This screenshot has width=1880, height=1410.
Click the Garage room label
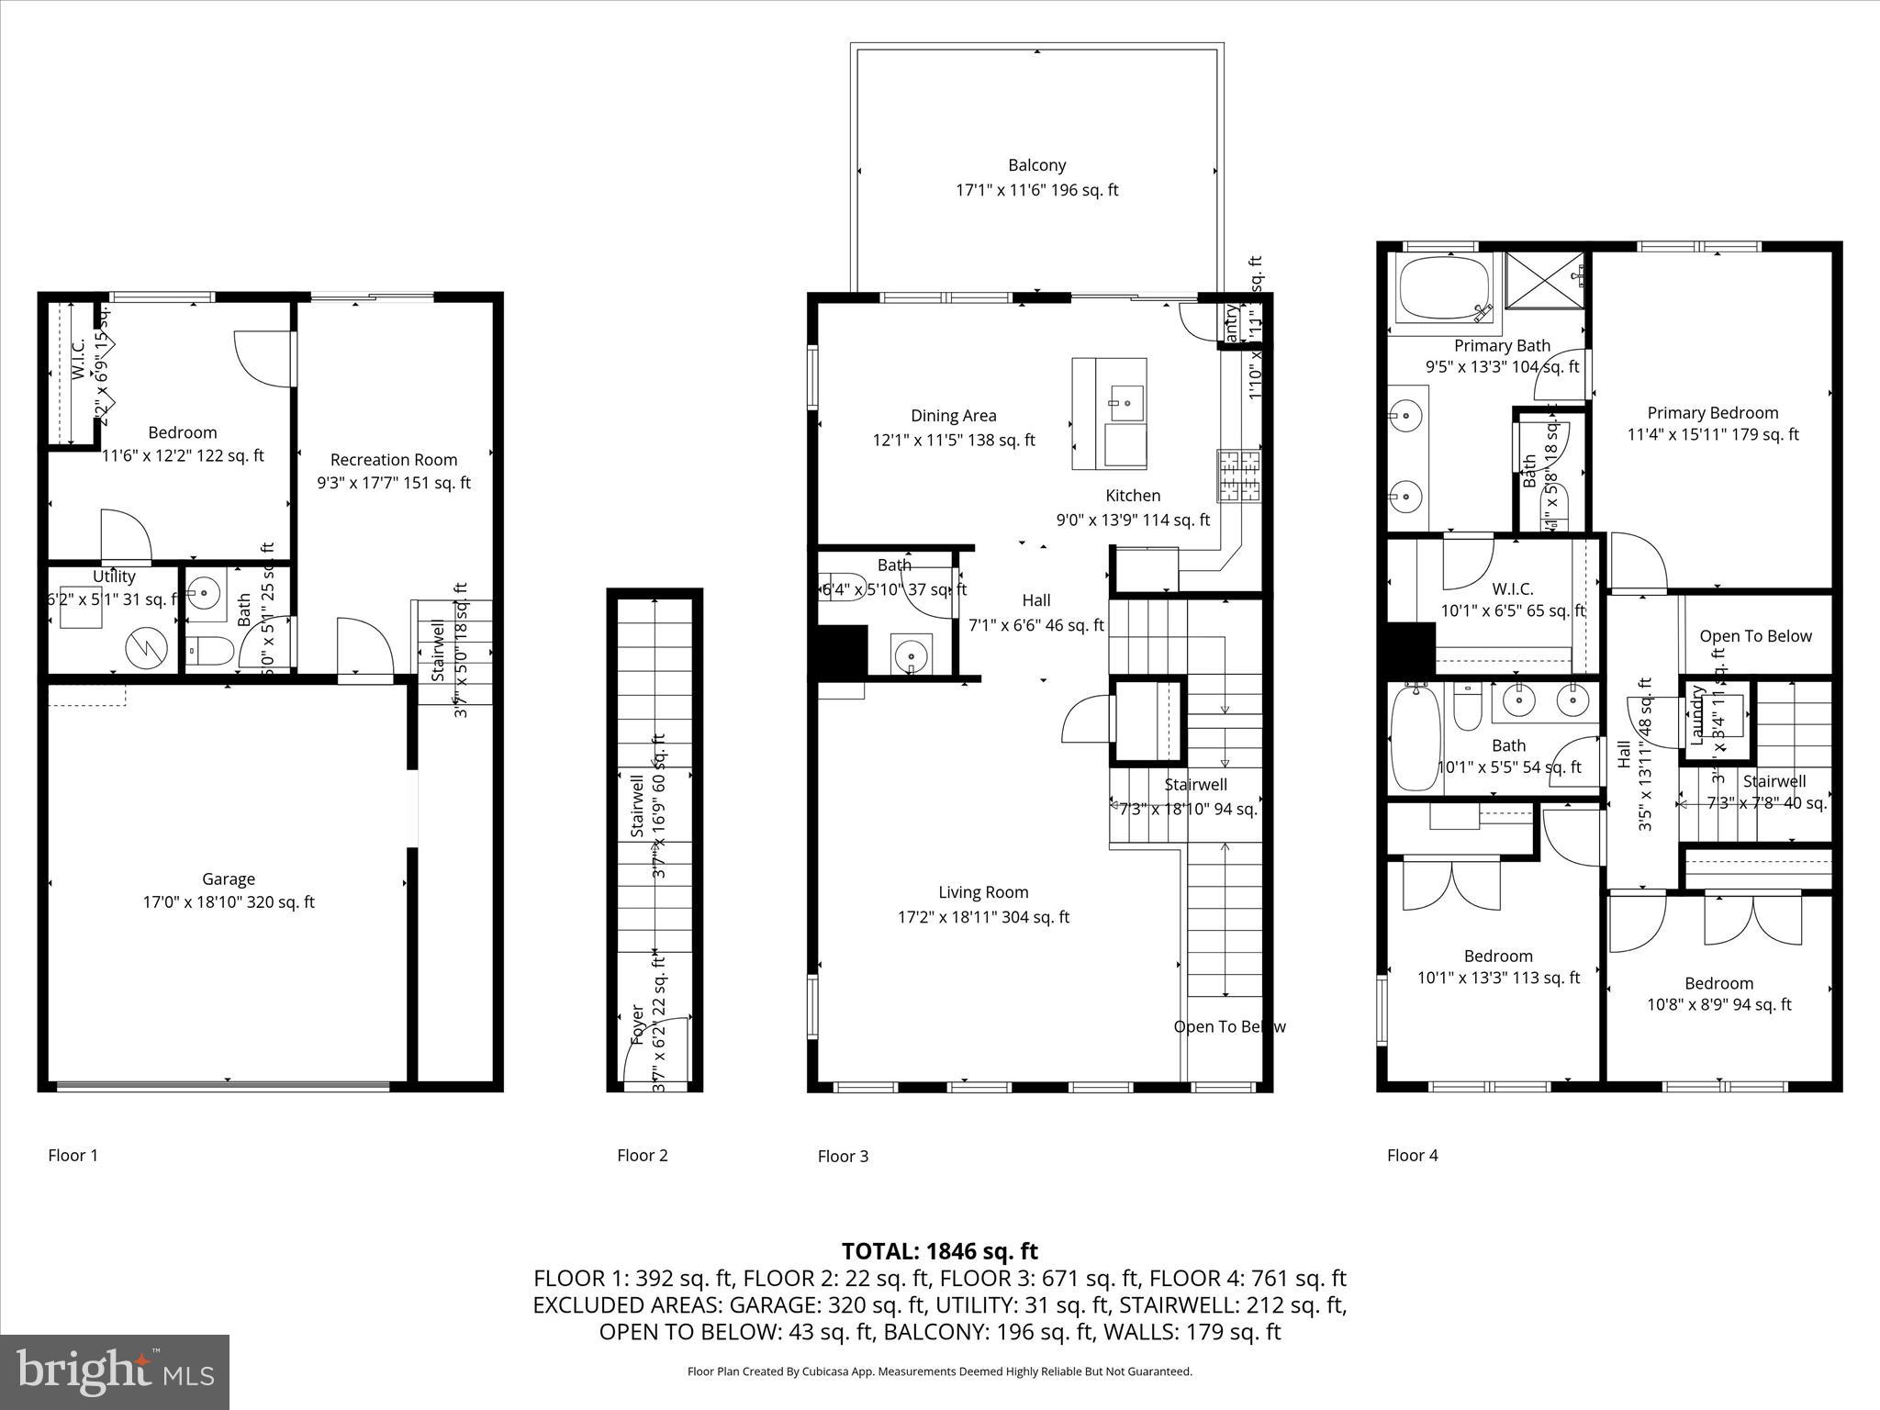(x=228, y=879)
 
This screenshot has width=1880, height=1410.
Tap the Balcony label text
(x=1036, y=165)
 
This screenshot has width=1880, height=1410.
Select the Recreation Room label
(x=393, y=460)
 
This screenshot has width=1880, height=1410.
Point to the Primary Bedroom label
(x=1712, y=413)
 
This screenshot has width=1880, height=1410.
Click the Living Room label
(x=983, y=892)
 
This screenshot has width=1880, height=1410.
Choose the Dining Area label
(x=953, y=416)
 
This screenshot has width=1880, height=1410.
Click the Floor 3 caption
(x=842, y=1156)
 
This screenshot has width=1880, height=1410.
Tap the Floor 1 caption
(x=73, y=1155)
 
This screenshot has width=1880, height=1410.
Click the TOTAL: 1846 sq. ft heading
(x=939, y=1250)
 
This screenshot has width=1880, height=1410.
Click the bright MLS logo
(x=115, y=1371)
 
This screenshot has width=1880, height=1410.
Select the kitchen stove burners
(x=1239, y=475)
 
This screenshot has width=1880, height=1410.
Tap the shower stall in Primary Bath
(x=1546, y=286)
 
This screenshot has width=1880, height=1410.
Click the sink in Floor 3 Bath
(x=911, y=655)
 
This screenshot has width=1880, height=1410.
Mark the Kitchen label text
(x=1133, y=496)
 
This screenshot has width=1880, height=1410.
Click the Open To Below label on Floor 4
(x=1755, y=636)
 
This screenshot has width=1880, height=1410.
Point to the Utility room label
(x=114, y=576)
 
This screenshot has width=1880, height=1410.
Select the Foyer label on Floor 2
(x=637, y=1024)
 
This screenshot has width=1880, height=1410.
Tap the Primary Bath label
(x=1502, y=346)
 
